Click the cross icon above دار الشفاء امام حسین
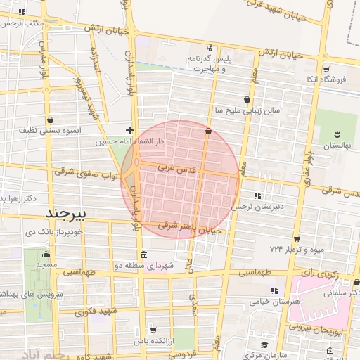click(129, 130)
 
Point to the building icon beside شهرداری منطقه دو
click(143, 255)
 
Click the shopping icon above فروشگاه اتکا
click(328, 69)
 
